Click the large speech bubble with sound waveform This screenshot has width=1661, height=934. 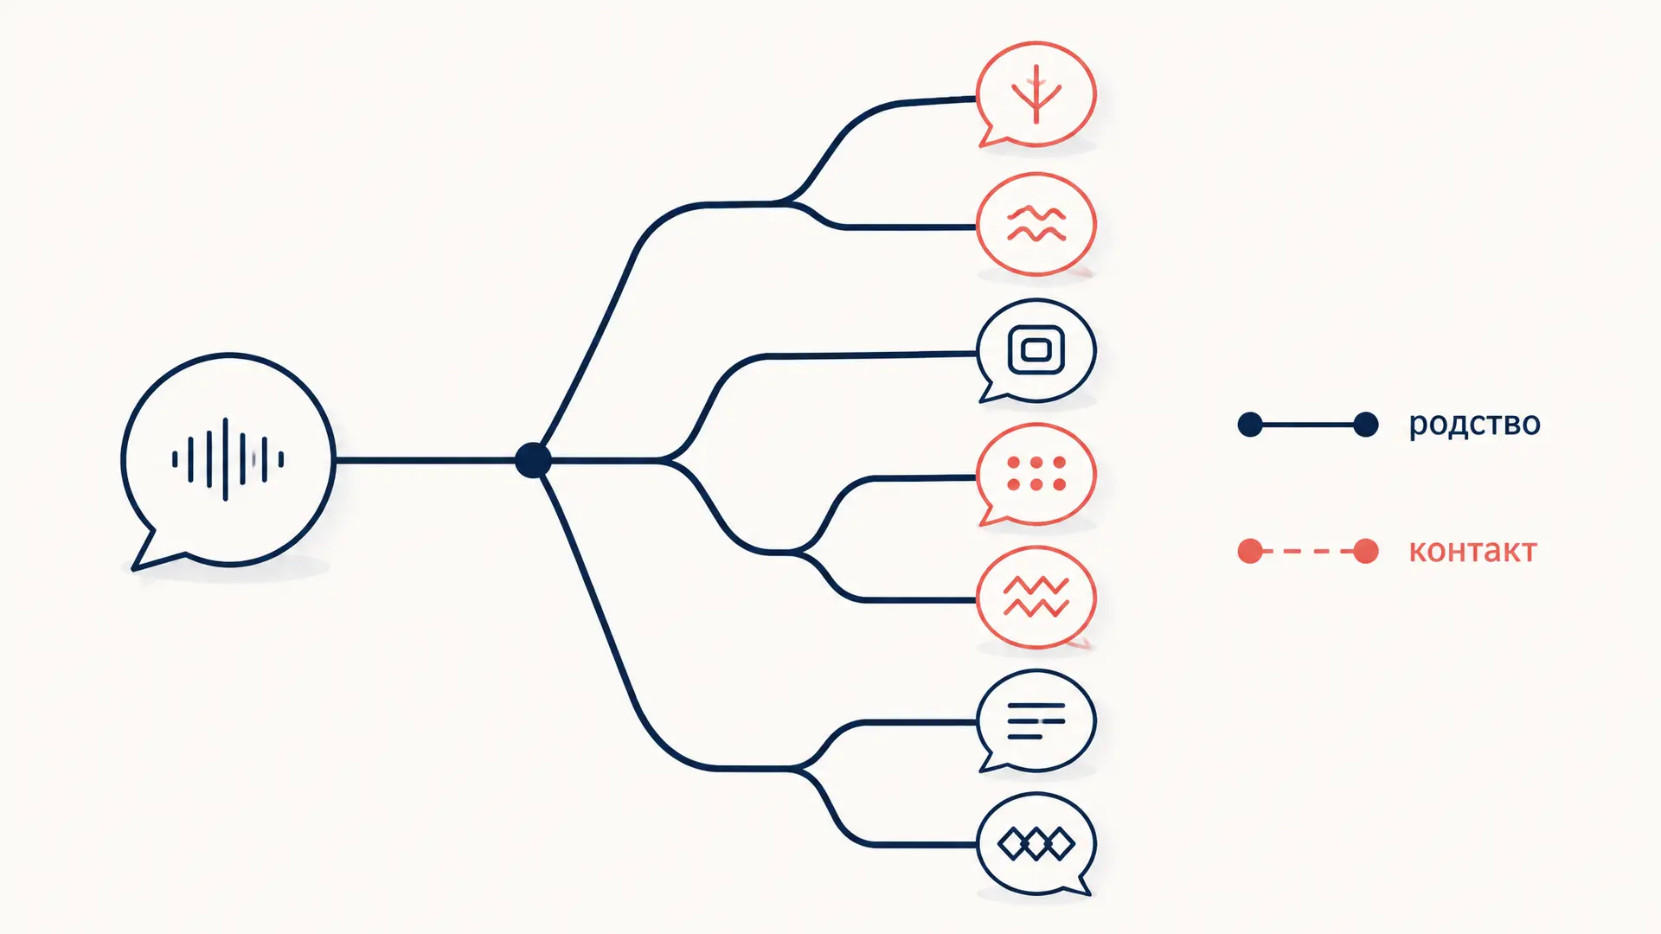point(228,460)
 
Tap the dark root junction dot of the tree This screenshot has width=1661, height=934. point(533,460)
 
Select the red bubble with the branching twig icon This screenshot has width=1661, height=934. point(1036,93)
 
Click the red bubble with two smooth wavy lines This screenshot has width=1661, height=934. point(1036,224)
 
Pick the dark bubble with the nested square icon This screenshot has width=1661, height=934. point(1036,350)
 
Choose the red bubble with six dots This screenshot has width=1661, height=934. point(1036,474)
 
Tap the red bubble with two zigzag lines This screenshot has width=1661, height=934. point(1036,597)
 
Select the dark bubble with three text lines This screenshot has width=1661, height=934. point(1036,720)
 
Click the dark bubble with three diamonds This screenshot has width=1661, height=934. point(1036,844)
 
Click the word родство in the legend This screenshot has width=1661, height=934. point(1474,425)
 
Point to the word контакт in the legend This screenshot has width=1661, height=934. point(1472,551)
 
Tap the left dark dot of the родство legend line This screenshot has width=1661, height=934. point(1250,425)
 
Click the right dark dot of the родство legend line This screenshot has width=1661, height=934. point(1366,425)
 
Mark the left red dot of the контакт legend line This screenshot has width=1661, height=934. point(1250,551)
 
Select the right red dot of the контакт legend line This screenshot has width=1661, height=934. point(1366,551)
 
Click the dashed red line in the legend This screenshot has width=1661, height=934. point(1308,551)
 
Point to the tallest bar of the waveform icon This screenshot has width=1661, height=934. point(226,459)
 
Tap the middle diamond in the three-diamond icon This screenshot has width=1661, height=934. point(1036,844)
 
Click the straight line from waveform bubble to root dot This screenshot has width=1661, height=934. point(425,460)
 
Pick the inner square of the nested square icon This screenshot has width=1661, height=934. point(1036,350)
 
